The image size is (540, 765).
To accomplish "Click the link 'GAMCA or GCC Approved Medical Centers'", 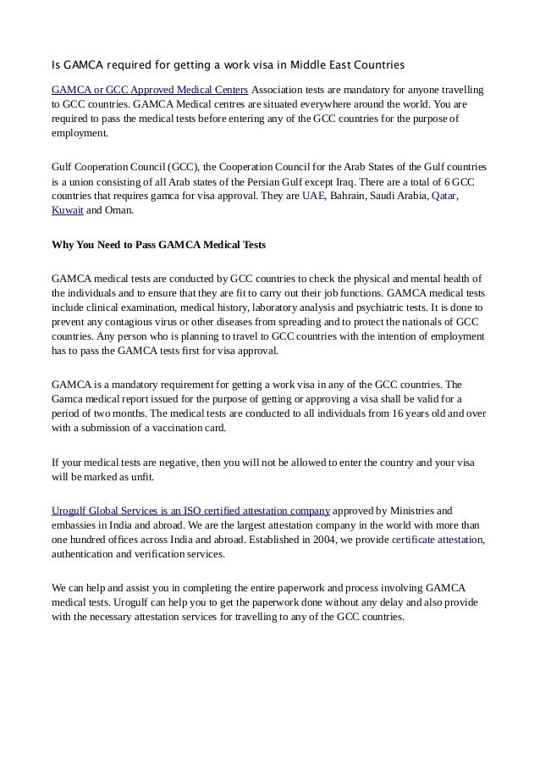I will (150, 89).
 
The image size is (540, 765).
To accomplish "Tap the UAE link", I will (312, 195).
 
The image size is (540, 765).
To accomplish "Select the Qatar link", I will (444, 195).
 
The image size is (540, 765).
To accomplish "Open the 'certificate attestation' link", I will (437, 539).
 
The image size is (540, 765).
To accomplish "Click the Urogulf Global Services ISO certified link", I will (190, 510).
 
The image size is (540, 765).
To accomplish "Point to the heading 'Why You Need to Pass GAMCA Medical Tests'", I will (159, 245).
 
